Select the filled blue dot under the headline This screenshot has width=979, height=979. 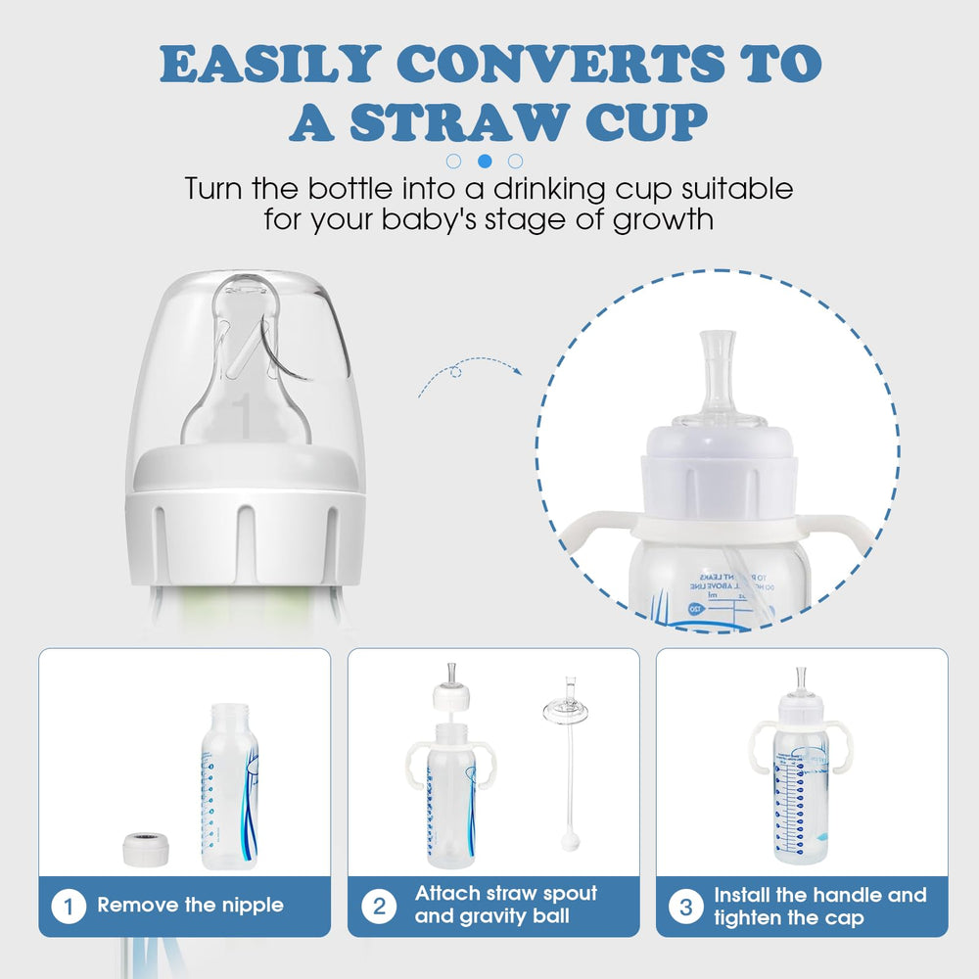tap(484, 161)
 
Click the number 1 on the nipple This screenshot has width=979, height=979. tap(244, 415)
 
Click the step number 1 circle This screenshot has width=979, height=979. tap(68, 906)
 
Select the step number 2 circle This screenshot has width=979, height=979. tap(378, 906)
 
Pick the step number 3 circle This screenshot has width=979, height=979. tap(685, 906)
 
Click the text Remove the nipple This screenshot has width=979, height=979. tap(190, 906)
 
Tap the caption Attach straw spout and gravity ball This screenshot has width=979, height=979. tap(505, 906)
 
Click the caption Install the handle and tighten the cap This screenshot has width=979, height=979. tap(819, 906)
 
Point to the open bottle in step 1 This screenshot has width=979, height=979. tap(230, 783)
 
